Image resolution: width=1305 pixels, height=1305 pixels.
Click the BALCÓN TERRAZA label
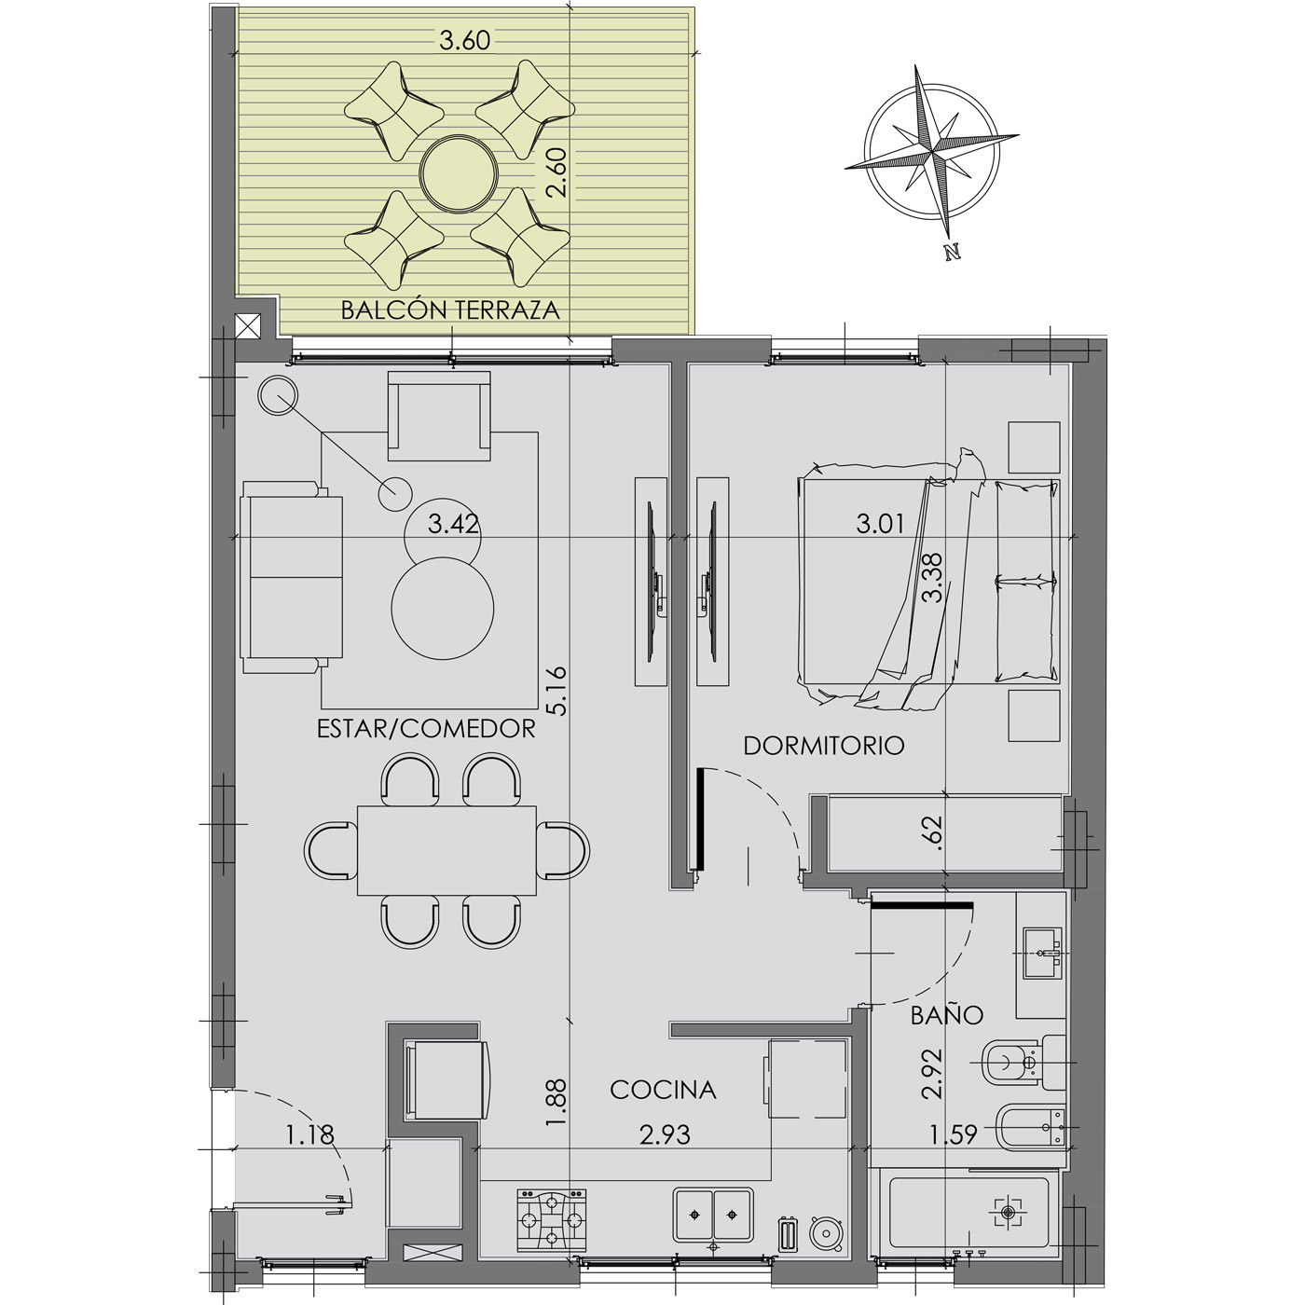tap(450, 310)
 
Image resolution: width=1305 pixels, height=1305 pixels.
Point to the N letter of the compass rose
tap(952, 252)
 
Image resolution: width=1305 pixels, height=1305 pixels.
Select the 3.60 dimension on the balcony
tap(464, 40)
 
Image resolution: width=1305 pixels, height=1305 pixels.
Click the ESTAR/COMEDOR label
tap(427, 728)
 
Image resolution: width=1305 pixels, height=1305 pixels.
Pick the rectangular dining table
tap(447, 851)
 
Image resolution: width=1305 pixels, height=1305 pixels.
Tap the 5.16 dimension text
tap(559, 691)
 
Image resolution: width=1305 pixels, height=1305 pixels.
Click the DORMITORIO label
tap(824, 746)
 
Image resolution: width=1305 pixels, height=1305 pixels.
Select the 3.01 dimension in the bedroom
tap(880, 524)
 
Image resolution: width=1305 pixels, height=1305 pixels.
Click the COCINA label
tap(663, 1090)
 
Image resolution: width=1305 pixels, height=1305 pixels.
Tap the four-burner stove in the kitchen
tap(552, 1220)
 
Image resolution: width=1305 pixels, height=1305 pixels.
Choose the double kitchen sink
tap(713, 1215)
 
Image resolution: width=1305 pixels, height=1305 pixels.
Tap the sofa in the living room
tap(291, 577)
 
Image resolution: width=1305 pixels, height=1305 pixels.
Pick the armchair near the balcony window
tap(439, 416)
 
